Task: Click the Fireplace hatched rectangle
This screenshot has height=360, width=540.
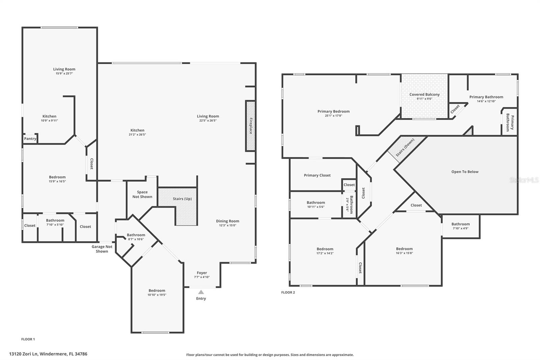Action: tap(250, 126)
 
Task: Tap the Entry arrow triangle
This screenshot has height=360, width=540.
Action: tap(201, 292)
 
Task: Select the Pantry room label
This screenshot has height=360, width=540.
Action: tap(30, 138)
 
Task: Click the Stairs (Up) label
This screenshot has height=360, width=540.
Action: tap(182, 199)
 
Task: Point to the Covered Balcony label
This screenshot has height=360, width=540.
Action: tap(424, 95)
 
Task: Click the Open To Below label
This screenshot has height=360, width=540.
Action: tap(465, 172)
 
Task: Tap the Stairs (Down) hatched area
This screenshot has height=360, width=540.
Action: tap(405, 147)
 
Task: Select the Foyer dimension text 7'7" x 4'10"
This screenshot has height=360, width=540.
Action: tap(202, 277)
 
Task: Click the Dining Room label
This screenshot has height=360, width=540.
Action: tap(227, 221)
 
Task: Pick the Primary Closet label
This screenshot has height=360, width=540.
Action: tap(317, 175)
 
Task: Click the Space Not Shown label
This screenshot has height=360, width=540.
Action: tap(142, 194)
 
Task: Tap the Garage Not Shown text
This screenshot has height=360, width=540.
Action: tap(102, 249)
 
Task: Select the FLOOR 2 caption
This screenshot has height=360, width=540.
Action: tap(288, 292)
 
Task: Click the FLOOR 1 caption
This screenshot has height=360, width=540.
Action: tap(28, 339)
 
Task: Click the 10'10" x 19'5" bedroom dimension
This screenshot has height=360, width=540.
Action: tap(157, 295)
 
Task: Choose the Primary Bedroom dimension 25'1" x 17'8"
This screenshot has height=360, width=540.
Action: tap(333, 116)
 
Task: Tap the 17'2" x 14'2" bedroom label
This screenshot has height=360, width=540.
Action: tap(325, 249)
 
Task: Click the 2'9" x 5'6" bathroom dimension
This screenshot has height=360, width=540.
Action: tap(347, 204)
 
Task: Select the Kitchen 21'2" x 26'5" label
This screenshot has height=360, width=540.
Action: tap(137, 130)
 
